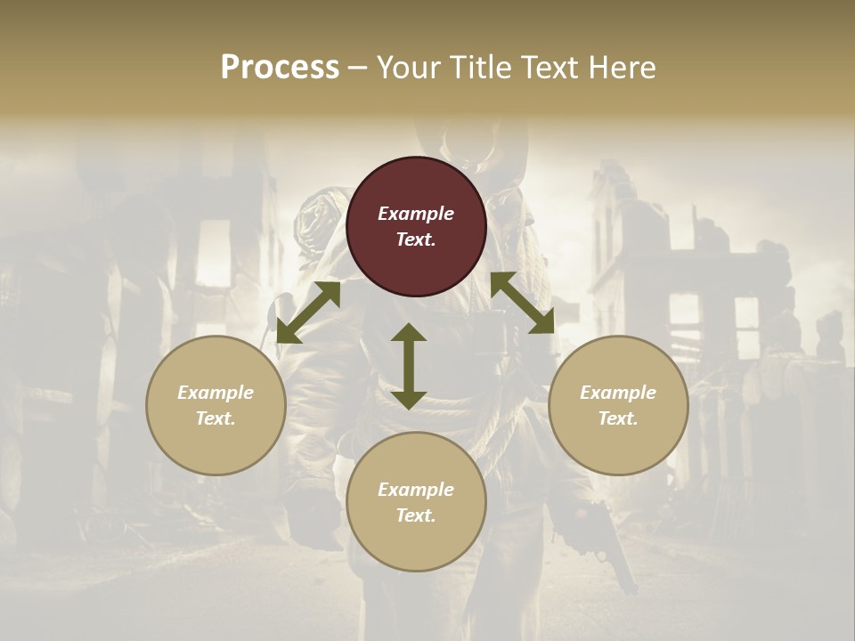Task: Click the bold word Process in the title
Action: click(280, 68)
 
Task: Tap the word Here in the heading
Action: click(621, 68)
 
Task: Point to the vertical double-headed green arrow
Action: click(409, 366)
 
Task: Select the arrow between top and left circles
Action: click(308, 312)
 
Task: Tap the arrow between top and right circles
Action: click(522, 303)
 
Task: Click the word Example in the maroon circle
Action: click(416, 214)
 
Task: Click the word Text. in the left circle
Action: click(216, 418)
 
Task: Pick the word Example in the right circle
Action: click(618, 393)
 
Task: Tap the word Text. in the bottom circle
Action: click(416, 515)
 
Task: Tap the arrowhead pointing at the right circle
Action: click(542, 322)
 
